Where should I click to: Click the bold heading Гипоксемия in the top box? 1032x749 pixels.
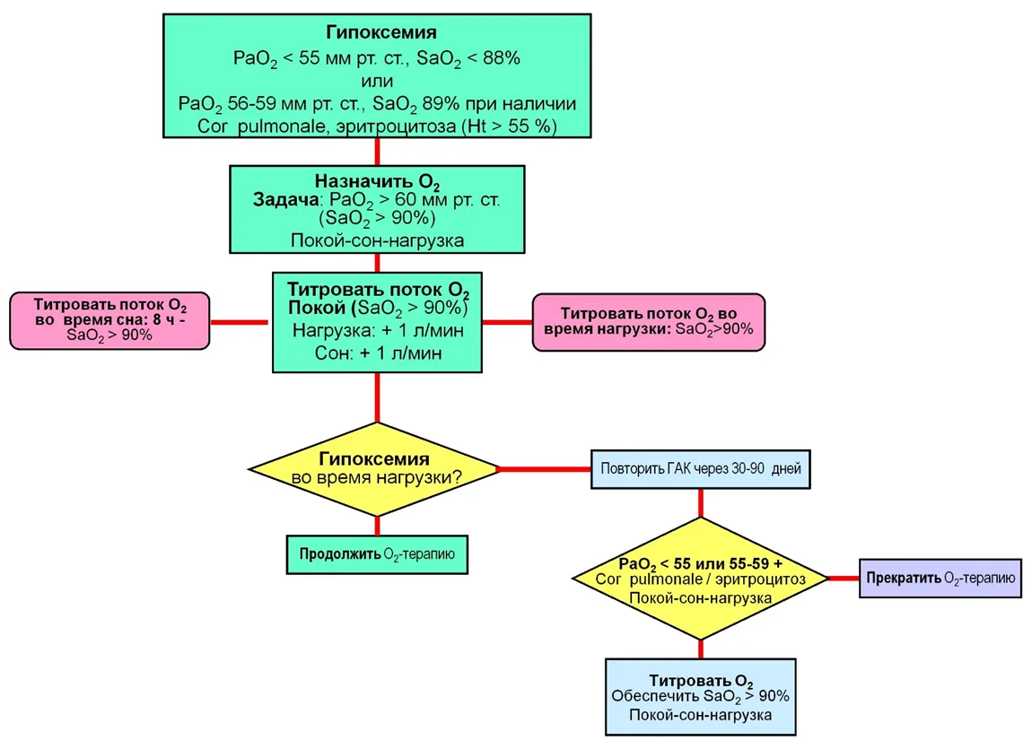click(381, 32)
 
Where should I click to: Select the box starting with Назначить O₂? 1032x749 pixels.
click(377, 209)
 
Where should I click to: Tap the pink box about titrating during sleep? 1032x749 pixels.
click(109, 320)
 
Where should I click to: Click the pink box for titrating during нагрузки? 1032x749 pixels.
click(648, 322)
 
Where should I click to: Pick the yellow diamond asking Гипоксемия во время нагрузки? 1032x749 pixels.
click(374, 469)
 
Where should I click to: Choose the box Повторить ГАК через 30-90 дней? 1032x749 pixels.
click(700, 469)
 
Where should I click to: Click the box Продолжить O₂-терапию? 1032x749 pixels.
click(377, 554)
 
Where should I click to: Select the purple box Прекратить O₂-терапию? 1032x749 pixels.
click(940, 578)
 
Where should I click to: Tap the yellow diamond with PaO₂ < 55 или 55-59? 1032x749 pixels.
click(700, 579)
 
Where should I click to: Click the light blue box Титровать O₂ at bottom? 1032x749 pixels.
click(700, 697)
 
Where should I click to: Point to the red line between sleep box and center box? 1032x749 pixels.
click(239, 322)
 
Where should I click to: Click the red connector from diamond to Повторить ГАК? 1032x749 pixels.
click(545, 469)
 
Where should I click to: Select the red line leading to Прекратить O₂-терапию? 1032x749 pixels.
click(844, 579)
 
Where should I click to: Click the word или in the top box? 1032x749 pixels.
click(377, 81)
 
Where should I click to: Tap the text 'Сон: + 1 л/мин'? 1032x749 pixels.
click(378, 353)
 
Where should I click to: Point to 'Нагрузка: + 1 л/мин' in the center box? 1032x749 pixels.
click(378, 330)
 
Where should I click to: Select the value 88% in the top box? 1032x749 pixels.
click(503, 58)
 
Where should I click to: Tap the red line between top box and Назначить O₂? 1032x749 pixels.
click(377, 152)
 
